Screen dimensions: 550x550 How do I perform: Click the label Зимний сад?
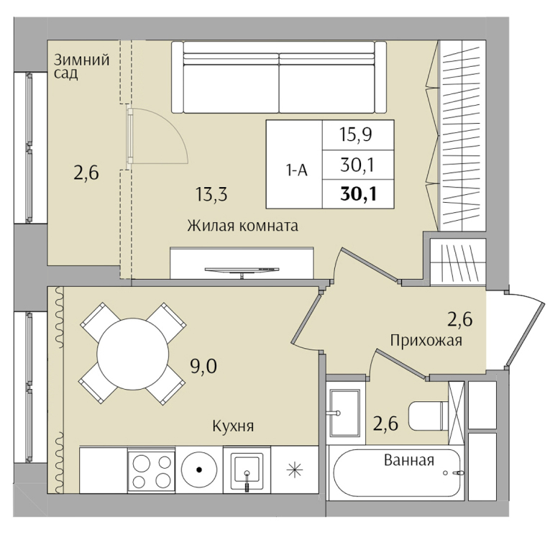tap(81, 66)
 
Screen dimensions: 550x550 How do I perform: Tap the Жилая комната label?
tap(243, 226)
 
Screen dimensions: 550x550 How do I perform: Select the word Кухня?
tap(233, 426)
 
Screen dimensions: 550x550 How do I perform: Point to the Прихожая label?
tap(426, 340)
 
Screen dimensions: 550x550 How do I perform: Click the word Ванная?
tap(409, 460)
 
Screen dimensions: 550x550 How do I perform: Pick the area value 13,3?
tap(211, 194)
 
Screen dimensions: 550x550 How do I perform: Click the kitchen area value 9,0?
tap(203, 367)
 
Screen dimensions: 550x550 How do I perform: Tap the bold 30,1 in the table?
tap(358, 194)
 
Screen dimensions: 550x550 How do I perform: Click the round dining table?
tap(133, 354)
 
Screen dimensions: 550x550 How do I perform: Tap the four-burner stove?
tap(152, 469)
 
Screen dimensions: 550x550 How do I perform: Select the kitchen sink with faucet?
tap(247, 469)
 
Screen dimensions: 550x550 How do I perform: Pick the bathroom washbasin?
tap(345, 413)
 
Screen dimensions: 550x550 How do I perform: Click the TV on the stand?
tap(242, 270)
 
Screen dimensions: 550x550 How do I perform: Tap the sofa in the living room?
tap(279, 77)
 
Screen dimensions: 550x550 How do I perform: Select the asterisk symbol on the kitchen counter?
tap(295, 470)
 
